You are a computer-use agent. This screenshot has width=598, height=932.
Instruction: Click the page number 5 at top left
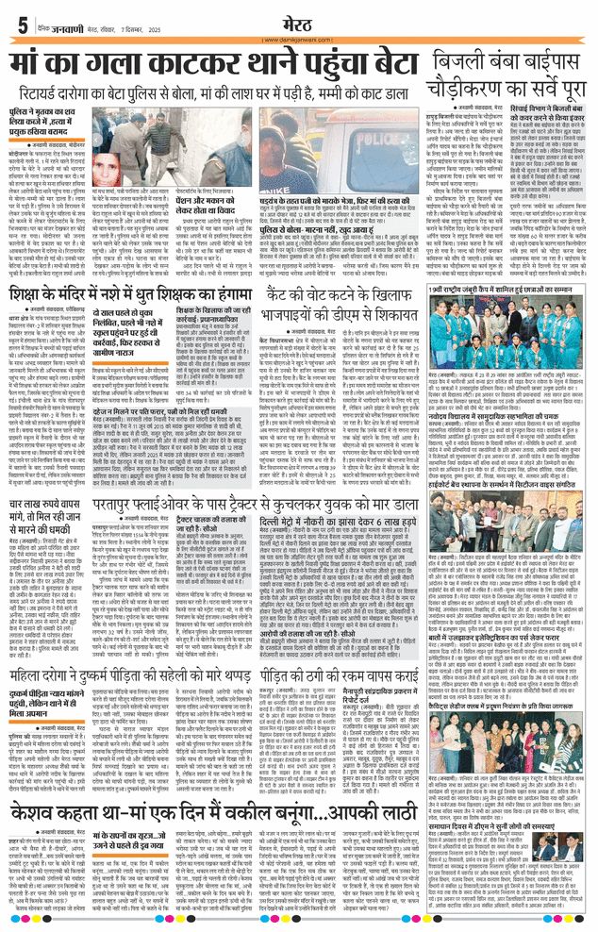(21, 24)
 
